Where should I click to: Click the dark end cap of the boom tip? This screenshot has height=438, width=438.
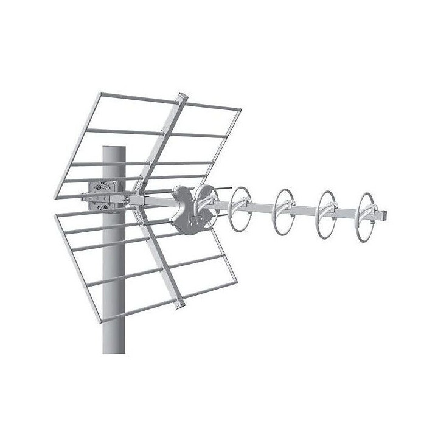(x=383, y=216)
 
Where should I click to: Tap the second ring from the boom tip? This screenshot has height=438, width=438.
(x=327, y=210)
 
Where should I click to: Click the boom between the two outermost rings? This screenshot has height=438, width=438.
(x=348, y=212)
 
